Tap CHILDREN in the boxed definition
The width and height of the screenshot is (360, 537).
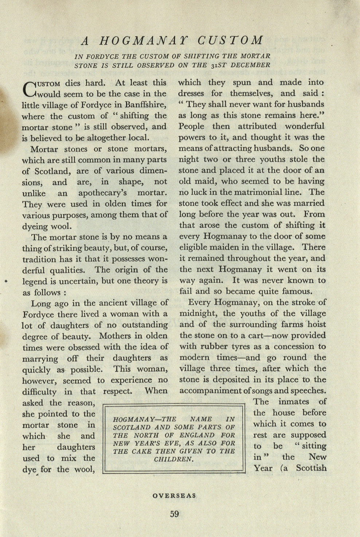point(174,459)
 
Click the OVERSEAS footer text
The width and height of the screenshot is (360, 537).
point(175,495)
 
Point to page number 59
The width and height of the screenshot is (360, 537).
point(175,514)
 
